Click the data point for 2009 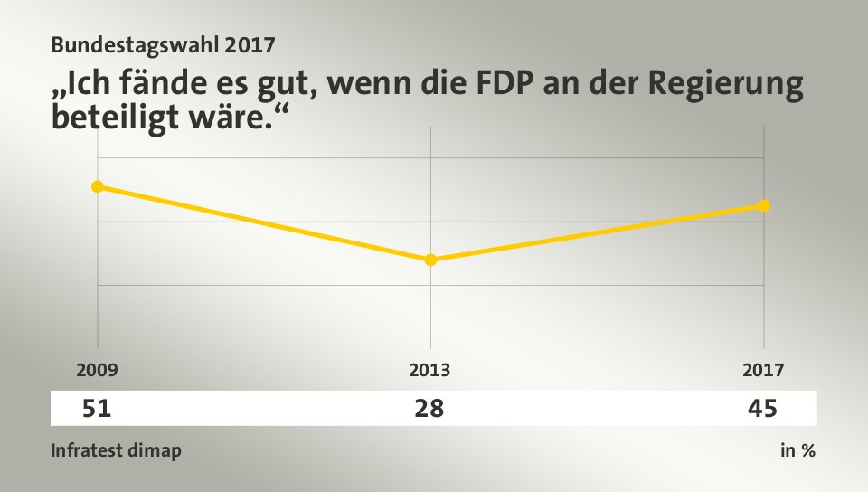point(98,186)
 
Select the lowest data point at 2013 point(430,260)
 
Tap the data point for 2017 point(764,205)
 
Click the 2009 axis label point(97,370)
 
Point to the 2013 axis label point(429,370)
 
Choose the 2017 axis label point(764,370)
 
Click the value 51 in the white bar point(97,409)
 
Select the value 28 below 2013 point(429,409)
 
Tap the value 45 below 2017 point(762,409)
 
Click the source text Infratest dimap point(116,450)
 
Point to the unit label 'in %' point(797,450)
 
